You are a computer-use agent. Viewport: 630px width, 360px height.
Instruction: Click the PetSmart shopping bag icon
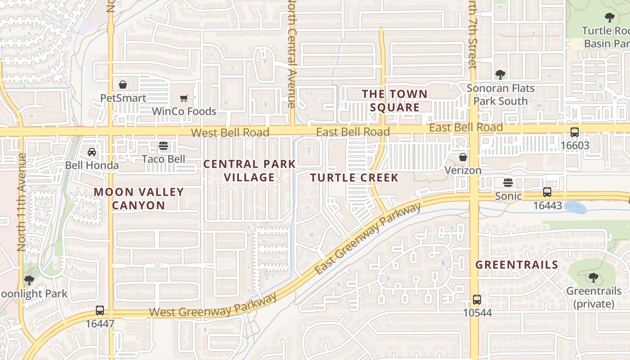click(x=122, y=84)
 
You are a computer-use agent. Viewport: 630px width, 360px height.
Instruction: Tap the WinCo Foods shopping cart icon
click(x=184, y=98)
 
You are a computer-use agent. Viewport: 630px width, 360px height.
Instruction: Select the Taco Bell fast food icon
click(x=163, y=146)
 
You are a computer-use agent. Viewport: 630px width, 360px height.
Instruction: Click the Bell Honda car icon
click(x=92, y=152)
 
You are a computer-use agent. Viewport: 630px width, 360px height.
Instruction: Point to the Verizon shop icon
click(x=463, y=157)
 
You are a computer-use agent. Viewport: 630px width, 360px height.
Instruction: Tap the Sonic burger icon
click(x=508, y=183)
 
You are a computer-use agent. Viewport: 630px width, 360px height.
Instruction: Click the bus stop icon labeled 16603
click(x=575, y=132)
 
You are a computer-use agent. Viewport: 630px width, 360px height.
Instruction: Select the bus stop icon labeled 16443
click(x=547, y=192)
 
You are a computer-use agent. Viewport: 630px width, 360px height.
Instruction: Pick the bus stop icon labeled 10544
click(x=477, y=299)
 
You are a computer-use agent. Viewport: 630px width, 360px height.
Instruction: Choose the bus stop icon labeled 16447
click(x=100, y=310)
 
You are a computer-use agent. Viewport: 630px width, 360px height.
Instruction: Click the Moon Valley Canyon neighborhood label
click(x=139, y=198)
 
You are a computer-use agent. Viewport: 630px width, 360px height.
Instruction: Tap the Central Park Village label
click(x=249, y=171)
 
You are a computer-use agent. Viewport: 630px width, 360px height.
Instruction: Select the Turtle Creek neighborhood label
click(x=354, y=178)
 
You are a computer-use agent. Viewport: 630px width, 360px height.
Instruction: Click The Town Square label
click(x=395, y=100)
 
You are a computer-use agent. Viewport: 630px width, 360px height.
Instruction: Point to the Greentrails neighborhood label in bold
click(x=517, y=265)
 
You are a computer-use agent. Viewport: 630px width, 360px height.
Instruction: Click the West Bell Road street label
click(x=230, y=132)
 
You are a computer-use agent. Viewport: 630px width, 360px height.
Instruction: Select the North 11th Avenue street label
click(x=21, y=202)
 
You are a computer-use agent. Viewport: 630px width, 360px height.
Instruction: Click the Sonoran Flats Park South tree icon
click(x=500, y=74)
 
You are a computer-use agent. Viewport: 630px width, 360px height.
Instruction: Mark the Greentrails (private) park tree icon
click(x=593, y=278)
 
